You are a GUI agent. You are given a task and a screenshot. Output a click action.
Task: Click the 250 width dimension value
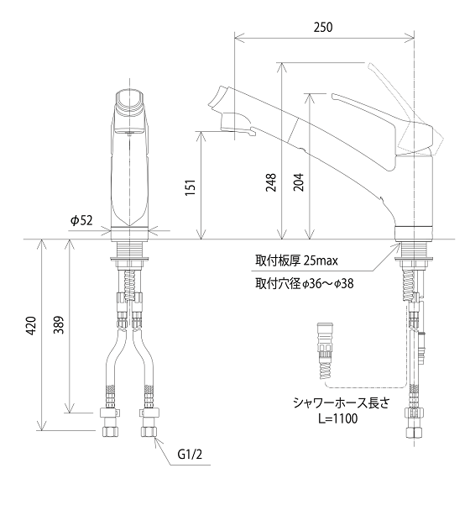click(x=322, y=28)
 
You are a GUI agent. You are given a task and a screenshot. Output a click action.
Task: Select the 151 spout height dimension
click(x=191, y=188)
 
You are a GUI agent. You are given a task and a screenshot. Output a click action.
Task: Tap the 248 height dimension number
click(x=271, y=182)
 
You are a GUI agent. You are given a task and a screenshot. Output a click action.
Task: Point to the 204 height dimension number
click(x=299, y=182)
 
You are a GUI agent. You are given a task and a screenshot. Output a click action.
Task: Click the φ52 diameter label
click(x=81, y=220)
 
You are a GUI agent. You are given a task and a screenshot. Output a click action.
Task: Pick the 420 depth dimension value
click(x=31, y=326)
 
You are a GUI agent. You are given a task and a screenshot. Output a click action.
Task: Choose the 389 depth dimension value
click(x=59, y=325)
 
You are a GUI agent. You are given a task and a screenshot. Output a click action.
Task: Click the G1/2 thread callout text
click(x=191, y=455)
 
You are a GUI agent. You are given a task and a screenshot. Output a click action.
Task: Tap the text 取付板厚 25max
click(x=296, y=260)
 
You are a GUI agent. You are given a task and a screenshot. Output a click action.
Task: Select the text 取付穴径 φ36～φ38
click(x=305, y=284)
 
